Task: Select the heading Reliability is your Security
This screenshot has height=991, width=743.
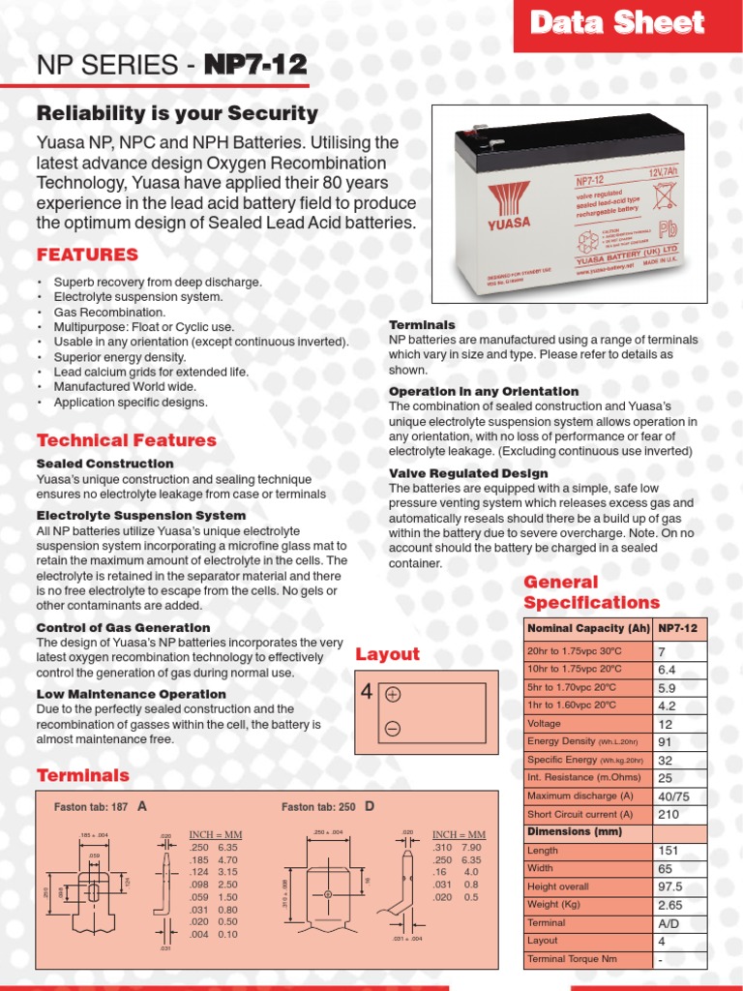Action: tap(177, 113)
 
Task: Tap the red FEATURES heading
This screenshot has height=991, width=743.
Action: tap(87, 255)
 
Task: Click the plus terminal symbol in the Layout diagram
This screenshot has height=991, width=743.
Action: tap(393, 695)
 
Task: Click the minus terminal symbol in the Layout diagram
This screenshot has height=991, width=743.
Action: tap(393, 729)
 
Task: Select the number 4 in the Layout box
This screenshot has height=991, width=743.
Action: tap(366, 693)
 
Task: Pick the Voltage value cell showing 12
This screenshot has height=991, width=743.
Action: tap(665, 724)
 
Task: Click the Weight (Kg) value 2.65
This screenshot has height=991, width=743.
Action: tap(669, 905)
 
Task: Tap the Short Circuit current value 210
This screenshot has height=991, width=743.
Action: tap(668, 815)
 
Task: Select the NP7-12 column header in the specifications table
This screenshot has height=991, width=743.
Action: tap(679, 629)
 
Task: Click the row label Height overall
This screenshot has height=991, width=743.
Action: tap(557, 886)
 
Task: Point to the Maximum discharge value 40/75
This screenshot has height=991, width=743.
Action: tap(673, 796)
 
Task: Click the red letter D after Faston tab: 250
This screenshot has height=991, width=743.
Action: tap(369, 806)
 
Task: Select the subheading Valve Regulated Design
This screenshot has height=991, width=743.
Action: tap(468, 473)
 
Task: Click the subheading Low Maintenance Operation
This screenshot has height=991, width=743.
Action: tap(131, 694)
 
